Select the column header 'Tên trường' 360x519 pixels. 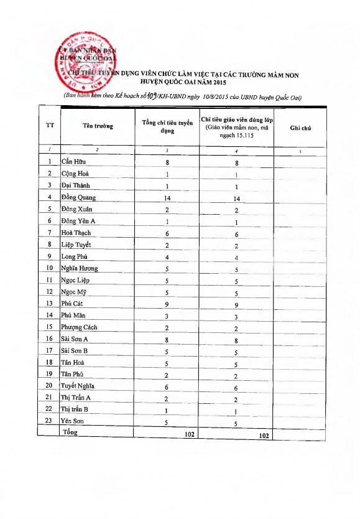(98, 126)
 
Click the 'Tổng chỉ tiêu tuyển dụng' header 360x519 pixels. (167, 126)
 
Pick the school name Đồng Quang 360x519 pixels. (78, 197)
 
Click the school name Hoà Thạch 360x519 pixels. (76, 233)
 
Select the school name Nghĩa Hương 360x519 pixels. (80, 268)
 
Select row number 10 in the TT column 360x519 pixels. (49, 268)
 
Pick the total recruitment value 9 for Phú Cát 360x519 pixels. (167, 304)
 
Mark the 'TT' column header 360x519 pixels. (50, 126)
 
